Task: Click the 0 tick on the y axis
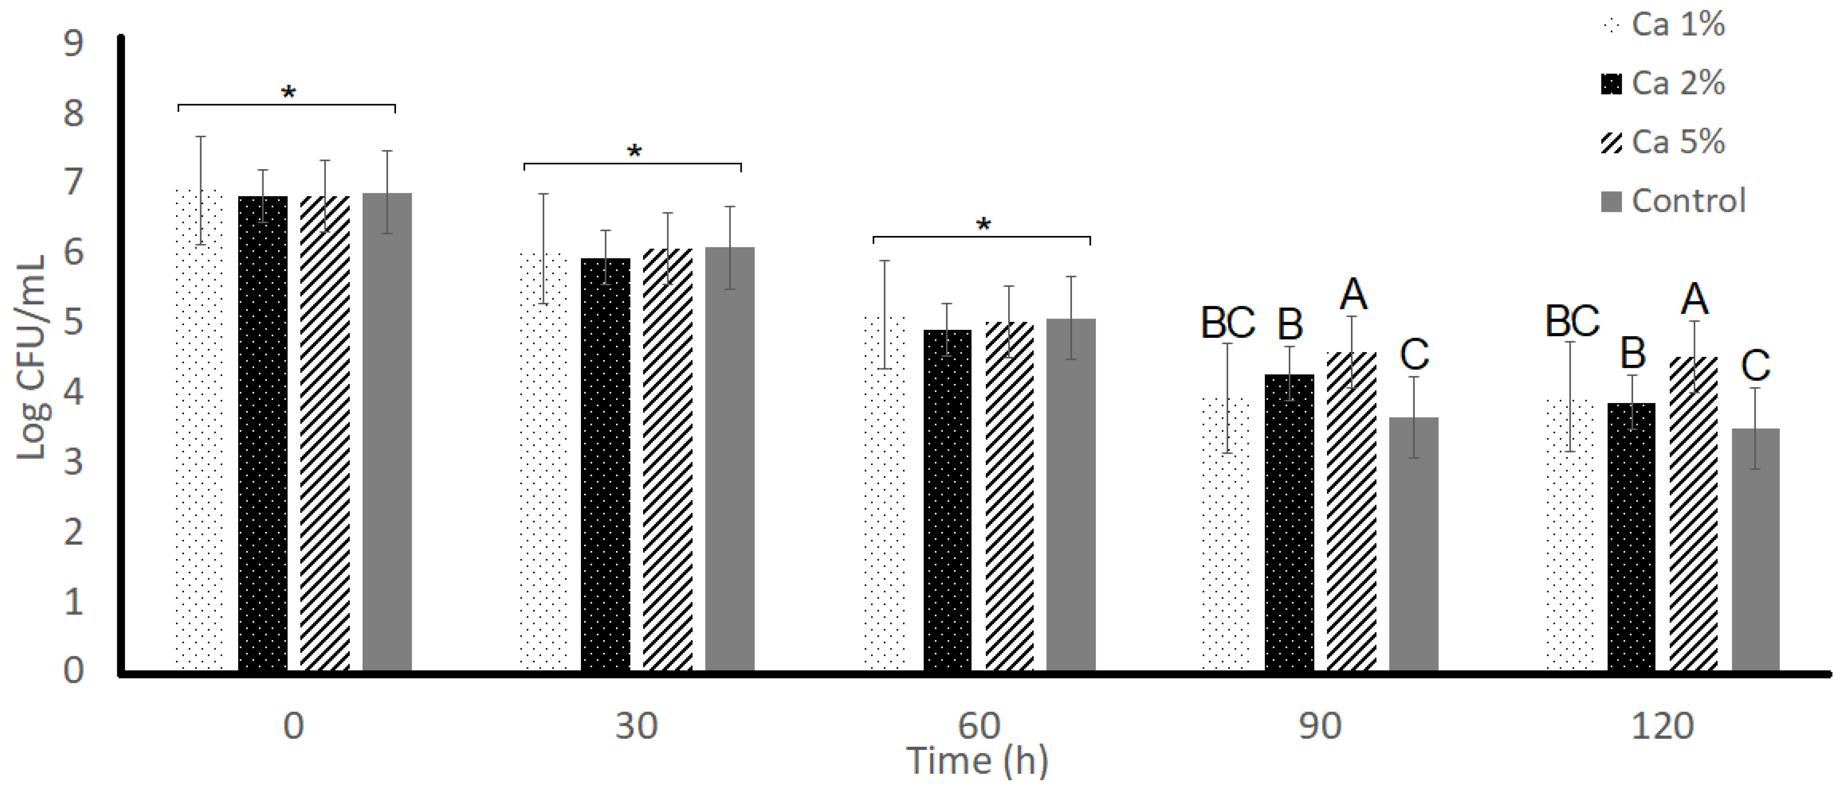[73, 671]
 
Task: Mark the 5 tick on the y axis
[73, 323]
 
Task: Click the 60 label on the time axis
[979, 726]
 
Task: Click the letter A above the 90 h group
[1353, 294]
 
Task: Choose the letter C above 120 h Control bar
[1755, 366]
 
